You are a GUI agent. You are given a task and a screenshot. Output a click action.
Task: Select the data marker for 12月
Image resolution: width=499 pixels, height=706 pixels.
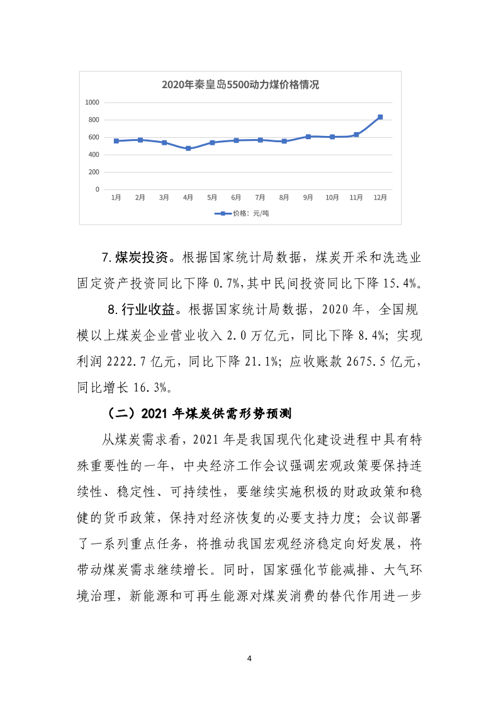(380, 117)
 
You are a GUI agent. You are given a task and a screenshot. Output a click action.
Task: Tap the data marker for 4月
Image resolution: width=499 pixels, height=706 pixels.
(188, 148)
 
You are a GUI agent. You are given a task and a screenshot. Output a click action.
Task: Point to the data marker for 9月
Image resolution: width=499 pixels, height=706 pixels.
(308, 137)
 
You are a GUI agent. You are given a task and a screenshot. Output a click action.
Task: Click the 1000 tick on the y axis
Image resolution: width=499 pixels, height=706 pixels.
(93, 102)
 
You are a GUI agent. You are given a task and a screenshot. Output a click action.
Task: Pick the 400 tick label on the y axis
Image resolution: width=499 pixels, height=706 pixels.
(94, 154)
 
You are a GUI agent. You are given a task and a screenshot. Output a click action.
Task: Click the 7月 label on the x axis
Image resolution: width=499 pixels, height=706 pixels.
(260, 198)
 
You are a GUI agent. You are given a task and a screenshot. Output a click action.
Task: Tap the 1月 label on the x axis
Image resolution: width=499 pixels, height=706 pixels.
(116, 198)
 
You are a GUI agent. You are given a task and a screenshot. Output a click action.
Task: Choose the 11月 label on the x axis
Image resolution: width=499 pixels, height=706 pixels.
(356, 198)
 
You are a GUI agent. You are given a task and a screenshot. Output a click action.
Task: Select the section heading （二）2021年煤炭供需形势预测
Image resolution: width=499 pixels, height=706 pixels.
(199, 413)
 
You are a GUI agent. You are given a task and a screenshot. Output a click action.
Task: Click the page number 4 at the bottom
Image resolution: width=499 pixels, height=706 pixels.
(250, 659)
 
